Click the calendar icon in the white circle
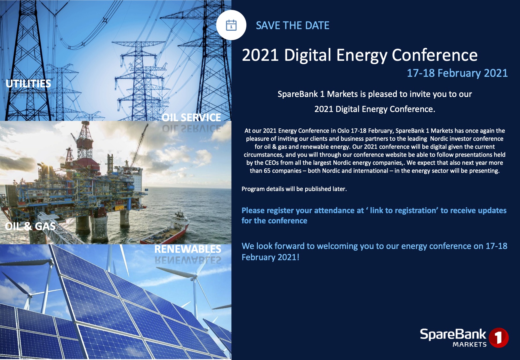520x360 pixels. (x=231, y=25)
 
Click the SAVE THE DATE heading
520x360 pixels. (x=292, y=26)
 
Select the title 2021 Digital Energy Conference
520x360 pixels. (x=359, y=55)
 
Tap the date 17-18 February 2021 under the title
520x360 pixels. (x=457, y=73)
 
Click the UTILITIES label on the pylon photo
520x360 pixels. (x=28, y=84)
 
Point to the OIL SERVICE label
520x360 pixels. (x=191, y=117)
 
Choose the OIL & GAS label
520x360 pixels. (x=30, y=226)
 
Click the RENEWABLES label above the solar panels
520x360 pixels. (x=188, y=249)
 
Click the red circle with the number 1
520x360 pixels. (x=499, y=337)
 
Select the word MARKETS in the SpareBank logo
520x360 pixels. (x=469, y=345)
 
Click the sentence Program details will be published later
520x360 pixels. (x=294, y=189)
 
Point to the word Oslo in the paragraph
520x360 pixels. (x=343, y=131)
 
